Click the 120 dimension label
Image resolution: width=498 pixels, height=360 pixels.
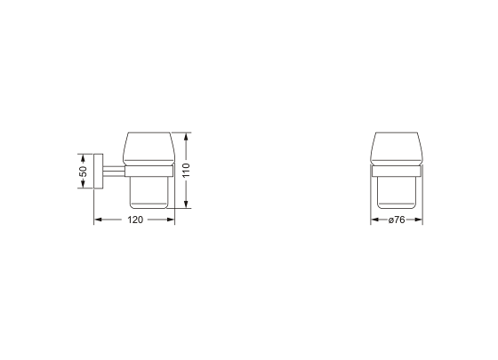(x=135, y=219)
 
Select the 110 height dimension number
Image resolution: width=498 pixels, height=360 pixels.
(x=187, y=171)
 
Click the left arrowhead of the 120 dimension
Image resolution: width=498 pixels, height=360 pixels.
(x=98, y=219)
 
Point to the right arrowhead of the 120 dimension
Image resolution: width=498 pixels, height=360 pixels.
(x=172, y=219)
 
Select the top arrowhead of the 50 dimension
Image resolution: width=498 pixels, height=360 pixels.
(x=83, y=156)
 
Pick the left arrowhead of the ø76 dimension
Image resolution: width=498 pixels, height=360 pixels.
(x=373, y=219)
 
